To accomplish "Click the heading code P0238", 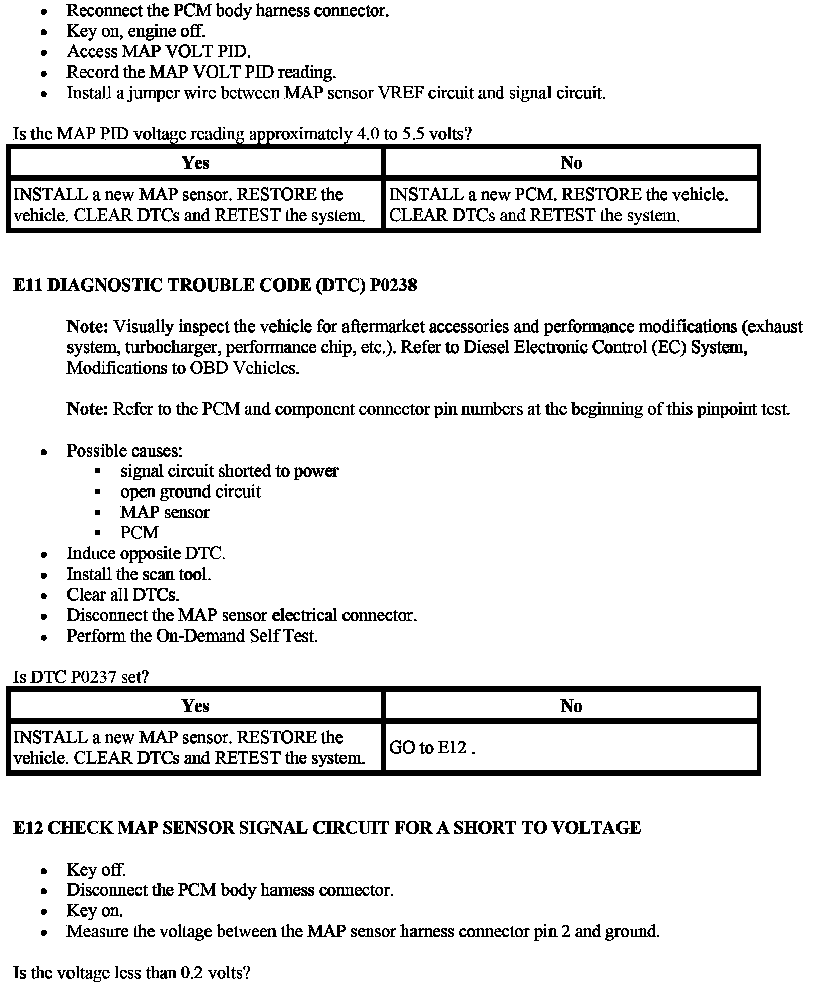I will tap(393, 286).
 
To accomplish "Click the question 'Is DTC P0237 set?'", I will tap(81, 677).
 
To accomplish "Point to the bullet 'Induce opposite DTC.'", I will tap(146, 553).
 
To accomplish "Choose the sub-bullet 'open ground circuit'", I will tap(190, 491).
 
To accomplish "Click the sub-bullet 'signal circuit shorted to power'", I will tap(229, 471).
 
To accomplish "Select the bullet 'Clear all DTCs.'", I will tap(123, 595).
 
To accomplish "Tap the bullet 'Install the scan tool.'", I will tap(139, 574).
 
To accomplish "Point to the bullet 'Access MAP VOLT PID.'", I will tap(159, 51).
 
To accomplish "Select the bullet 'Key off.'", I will tap(96, 870).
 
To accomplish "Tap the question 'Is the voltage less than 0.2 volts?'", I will tap(131, 972).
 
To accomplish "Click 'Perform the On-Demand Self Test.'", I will tap(192, 636).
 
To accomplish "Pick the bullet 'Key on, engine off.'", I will tap(136, 31).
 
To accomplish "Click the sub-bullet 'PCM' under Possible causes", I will tap(140, 533).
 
